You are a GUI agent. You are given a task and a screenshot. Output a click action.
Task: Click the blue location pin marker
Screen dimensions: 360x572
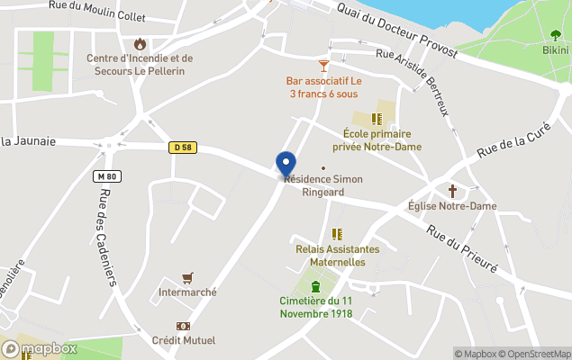click(x=286, y=164)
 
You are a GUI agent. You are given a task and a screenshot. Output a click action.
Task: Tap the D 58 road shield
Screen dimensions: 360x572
click(x=182, y=147)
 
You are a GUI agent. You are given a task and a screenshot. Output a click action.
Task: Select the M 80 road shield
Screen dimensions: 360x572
click(x=105, y=176)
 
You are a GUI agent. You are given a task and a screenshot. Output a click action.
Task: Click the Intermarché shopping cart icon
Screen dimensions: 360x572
click(x=187, y=277)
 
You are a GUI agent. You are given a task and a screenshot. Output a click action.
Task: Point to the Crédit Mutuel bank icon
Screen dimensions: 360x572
click(x=183, y=326)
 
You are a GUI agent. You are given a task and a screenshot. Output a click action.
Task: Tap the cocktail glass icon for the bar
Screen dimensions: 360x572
click(x=324, y=66)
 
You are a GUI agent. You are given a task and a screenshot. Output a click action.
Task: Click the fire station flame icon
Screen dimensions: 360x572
click(x=140, y=43)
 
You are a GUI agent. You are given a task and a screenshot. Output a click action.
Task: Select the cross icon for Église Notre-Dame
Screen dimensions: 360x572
click(x=452, y=191)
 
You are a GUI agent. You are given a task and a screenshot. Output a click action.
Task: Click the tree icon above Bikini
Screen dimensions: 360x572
click(x=555, y=35)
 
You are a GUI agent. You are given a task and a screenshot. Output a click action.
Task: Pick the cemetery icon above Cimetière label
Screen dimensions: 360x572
click(x=315, y=286)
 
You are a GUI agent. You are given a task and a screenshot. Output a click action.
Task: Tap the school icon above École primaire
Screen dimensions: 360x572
click(x=377, y=117)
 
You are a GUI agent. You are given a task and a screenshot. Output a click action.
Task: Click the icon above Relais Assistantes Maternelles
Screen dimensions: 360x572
click(x=338, y=234)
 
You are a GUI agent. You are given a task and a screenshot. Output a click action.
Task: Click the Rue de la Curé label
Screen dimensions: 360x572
click(x=513, y=140)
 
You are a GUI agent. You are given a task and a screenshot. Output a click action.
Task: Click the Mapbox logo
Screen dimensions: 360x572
click(x=40, y=348)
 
